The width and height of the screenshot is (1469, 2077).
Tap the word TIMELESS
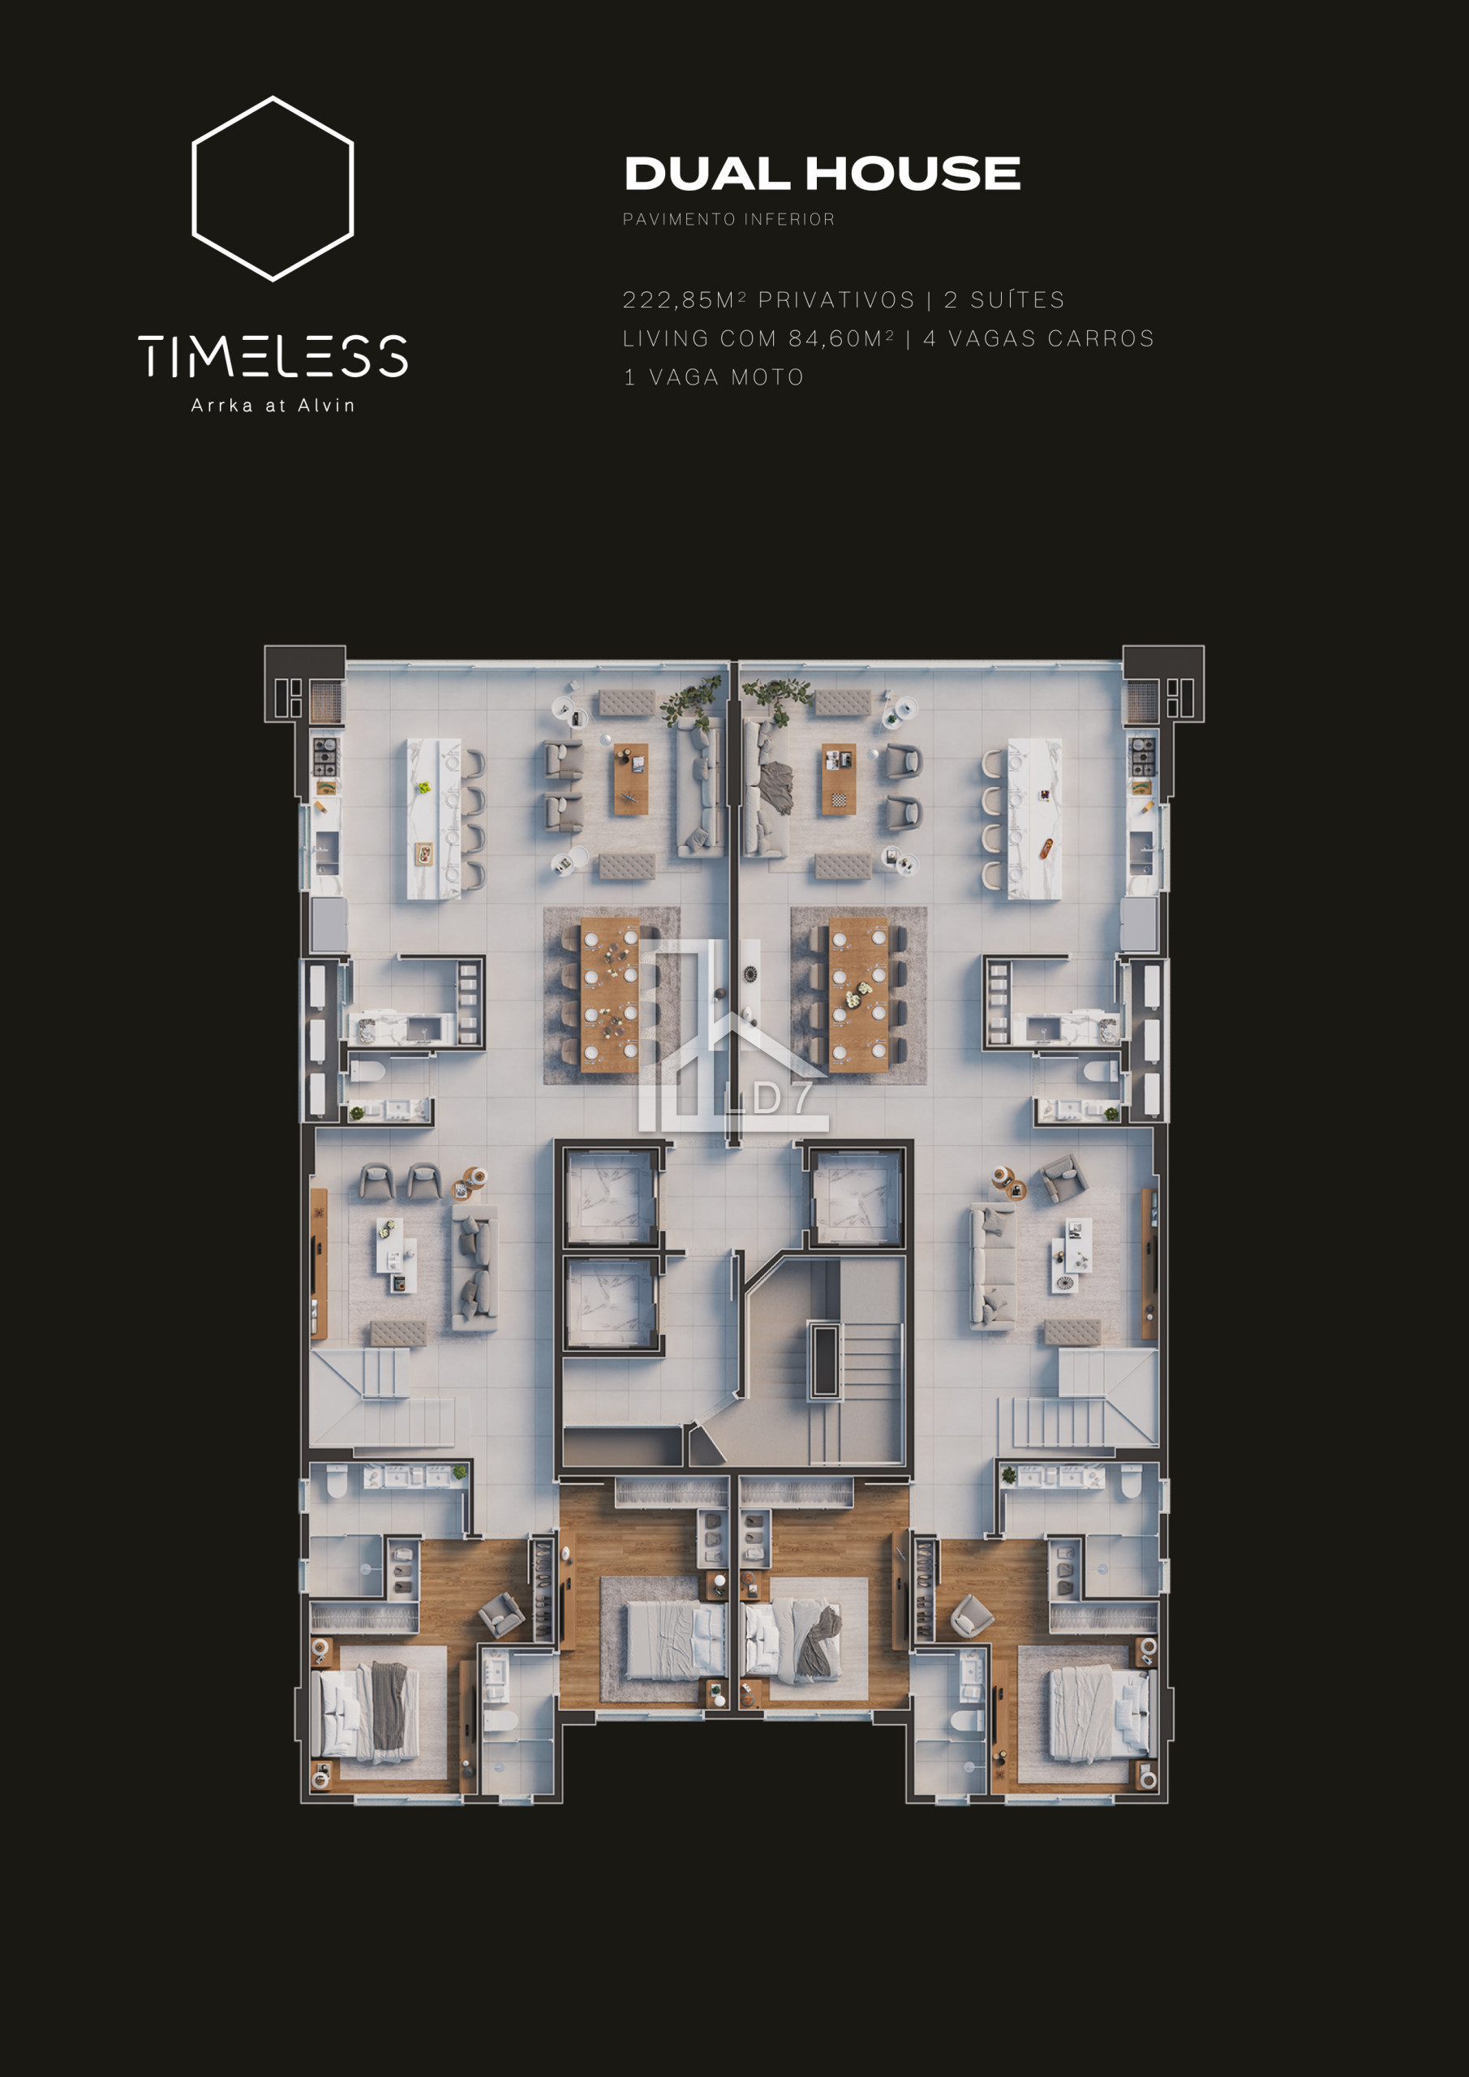tap(273, 355)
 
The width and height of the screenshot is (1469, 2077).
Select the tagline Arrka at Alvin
tap(273, 406)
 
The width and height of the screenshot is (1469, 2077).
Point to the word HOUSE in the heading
tap(913, 174)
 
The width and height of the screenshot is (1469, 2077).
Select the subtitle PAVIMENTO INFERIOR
tap(729, 219)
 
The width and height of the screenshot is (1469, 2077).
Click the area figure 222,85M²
tap(685, 299)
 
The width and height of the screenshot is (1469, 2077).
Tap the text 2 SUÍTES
tap(1004, 299)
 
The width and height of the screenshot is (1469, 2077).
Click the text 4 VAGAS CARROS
tap(1038, 338)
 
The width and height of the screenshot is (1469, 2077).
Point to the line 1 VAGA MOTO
tap(714, 377)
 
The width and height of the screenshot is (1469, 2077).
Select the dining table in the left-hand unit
tap(610, 995)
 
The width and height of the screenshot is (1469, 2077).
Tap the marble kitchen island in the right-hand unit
tap(1035, 819)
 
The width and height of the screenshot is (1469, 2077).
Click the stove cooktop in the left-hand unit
tap(324, 757)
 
